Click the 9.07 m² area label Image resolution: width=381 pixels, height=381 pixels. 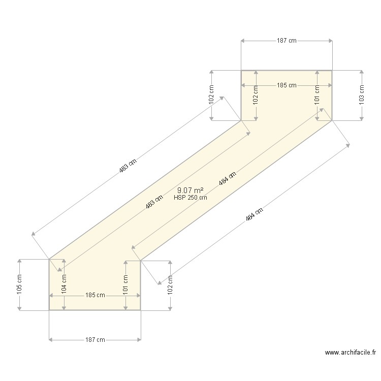(x=190, y=190)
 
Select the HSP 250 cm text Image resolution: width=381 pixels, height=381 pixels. (x=190, y=198)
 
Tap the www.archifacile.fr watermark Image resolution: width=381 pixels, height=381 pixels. (x=351, y=353)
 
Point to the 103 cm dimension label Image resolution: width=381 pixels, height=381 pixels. (x=362, y=95)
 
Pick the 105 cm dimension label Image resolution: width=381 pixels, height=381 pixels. (x=19, y=284)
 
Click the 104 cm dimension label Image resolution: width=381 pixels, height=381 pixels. (x=64, y=284)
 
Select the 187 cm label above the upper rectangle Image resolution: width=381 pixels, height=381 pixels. (x=287, y=41)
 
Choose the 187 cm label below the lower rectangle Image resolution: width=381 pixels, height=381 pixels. (x=95, y=340)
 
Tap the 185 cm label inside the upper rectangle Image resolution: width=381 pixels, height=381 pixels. (x=287, y=85)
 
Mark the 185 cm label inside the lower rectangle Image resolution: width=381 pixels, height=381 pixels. (x=95, y=295)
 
